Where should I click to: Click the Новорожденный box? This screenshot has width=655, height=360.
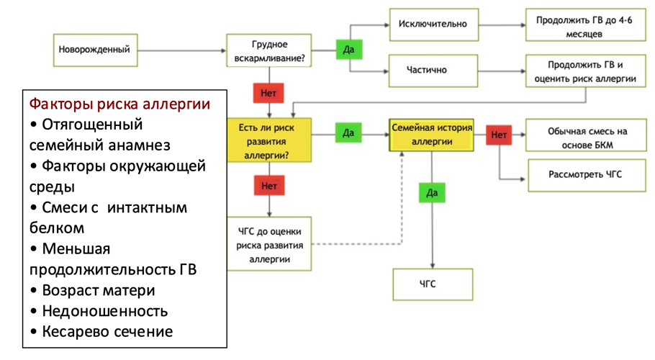coord(95,50)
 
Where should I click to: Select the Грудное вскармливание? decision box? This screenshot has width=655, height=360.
coord(270,50)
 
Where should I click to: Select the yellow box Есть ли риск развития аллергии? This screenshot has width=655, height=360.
coord(270,141)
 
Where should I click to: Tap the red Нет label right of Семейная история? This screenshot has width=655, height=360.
coord(499,134)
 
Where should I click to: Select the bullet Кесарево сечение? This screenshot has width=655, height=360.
coord(101,331)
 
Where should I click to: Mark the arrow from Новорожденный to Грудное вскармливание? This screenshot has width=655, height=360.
coord(180,50)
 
